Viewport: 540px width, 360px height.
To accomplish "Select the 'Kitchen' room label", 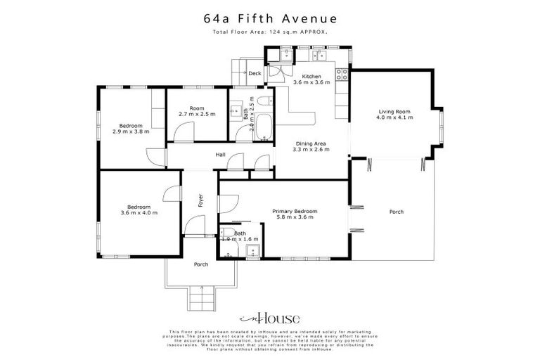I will (x=311, y=77).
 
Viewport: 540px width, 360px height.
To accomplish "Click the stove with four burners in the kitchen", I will (x=343, y=74).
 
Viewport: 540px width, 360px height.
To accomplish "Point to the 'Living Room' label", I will (x=394, y=112).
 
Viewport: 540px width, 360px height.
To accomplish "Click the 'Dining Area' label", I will (x=311, y=143).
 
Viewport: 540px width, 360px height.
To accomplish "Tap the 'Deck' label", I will (x=254, y=73).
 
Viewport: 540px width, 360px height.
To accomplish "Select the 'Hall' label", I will (x=220, y=155).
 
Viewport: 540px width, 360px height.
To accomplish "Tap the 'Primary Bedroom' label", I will (x=295, y=211).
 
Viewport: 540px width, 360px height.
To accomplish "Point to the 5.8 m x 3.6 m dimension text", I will (x=295, y=217).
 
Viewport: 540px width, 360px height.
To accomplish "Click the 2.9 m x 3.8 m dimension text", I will (x=131, y=131).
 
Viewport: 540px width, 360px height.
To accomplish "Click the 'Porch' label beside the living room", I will (x=396, y=212).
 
